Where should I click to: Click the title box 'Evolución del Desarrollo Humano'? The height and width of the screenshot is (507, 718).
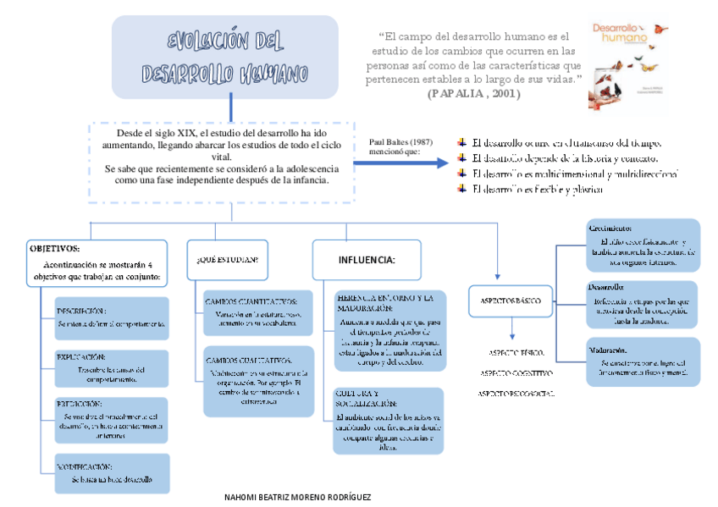point(224,57)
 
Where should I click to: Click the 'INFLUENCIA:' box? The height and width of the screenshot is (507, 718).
point(367,259)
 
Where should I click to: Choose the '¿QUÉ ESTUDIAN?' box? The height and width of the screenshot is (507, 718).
point(227,258)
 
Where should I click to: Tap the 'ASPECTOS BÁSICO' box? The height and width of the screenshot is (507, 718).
point(511,300)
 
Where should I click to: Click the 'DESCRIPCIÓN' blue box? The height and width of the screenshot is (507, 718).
point(112,317)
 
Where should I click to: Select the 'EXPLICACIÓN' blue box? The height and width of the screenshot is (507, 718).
point(112,368)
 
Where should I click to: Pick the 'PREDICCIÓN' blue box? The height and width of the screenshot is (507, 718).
point(112,420)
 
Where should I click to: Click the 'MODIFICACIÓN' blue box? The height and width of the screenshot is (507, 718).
point(112,473)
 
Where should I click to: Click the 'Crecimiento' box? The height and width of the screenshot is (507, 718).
point(643,245)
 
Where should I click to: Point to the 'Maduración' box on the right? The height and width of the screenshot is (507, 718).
point(643,361)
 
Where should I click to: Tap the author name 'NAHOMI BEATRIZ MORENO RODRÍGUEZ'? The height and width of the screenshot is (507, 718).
point(297,497)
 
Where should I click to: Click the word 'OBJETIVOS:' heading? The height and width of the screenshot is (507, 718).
point(54,249)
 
